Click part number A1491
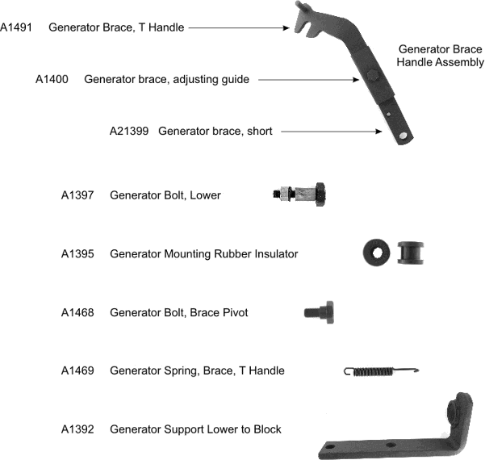tap(16, 27)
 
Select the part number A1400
tap(52, 79)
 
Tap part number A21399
tap(129, 131)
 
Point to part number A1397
tap(77, 195)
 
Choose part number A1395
tap(77, 253)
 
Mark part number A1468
tap(77, 312)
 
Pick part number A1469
tap(77, 370)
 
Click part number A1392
tap(77, 429)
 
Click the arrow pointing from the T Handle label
tap(239, 27)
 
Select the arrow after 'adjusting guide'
tap(309, 80)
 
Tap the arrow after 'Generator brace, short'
tap(332, 132)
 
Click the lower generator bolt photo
tap(299, 194)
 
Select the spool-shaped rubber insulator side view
tap(411, 253)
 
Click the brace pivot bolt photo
tap(320, 312)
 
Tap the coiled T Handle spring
tap(381, 371)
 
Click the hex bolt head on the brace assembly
tap(372, 75)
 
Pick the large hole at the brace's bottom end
tap(403, 136)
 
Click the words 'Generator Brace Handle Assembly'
tap(440, 56)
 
